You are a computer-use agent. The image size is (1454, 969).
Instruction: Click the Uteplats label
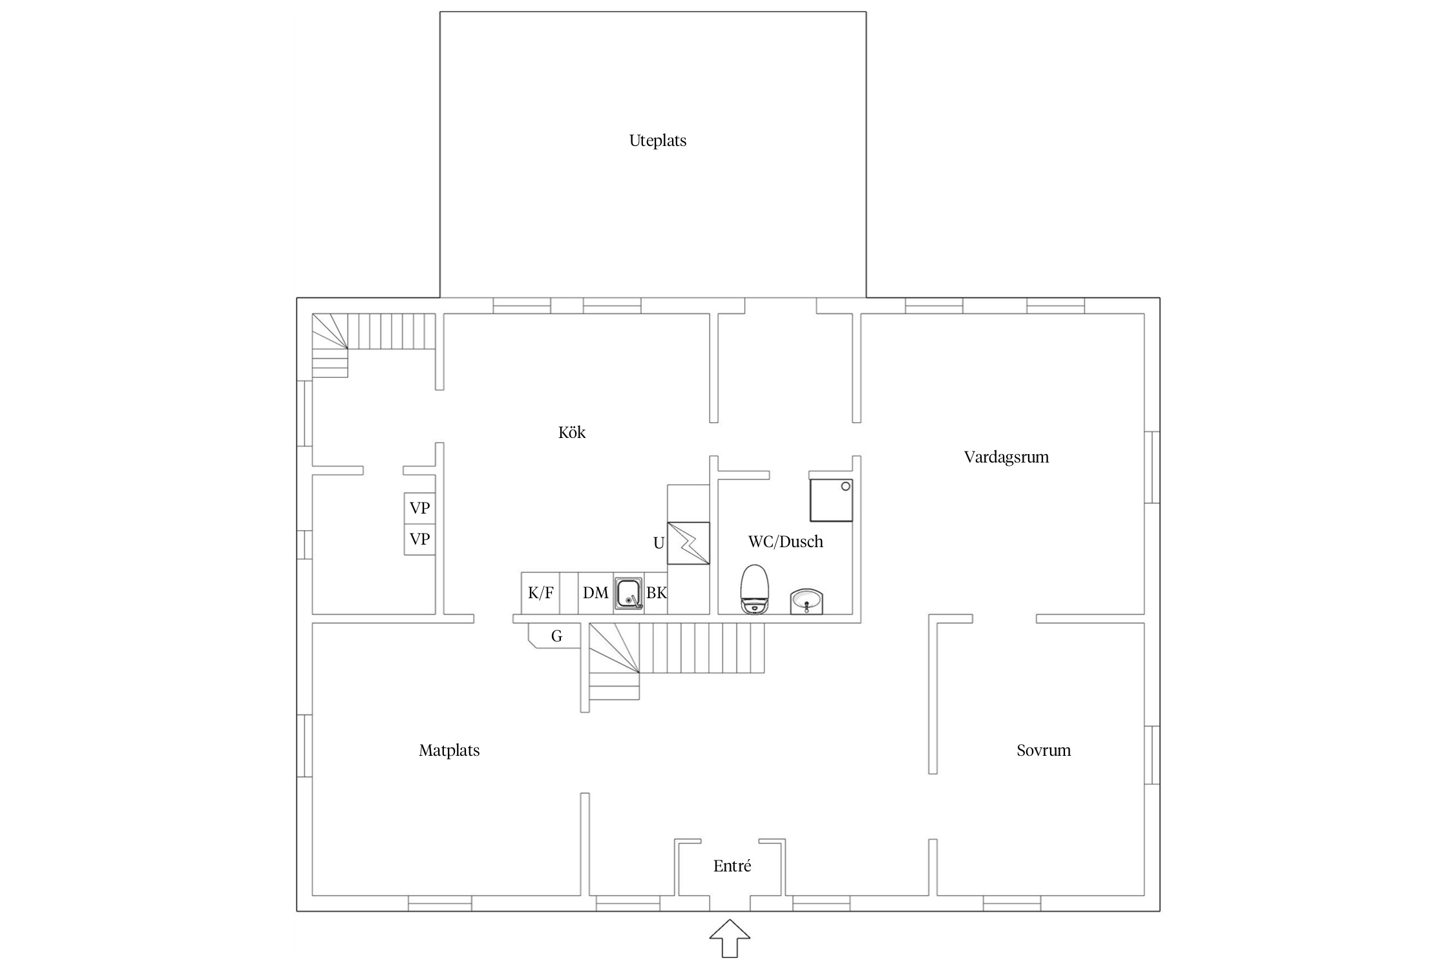click(658, 141)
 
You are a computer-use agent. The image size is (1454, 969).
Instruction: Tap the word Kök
click(572, 432)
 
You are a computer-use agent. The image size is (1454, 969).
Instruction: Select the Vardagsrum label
click(1006, 457)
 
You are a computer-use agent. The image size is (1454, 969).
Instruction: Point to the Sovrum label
click(1044, 750)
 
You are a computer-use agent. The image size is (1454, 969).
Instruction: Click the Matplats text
click(449, 751)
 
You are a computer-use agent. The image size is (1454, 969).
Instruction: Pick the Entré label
click(732, 866)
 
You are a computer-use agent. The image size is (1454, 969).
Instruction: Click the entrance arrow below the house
click(730, 938)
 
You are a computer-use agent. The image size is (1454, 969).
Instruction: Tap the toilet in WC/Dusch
click(755, 589)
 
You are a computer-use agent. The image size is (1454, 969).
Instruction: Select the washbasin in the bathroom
click(806, 601)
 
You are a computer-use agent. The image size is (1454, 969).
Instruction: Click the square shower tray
click(832, 500)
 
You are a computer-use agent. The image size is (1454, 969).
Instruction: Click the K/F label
click(541, 592)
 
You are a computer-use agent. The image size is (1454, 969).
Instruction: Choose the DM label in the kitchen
click(596, 592)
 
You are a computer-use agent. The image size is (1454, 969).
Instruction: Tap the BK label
click(657, 592)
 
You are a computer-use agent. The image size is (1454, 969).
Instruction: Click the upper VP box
click(420, 508)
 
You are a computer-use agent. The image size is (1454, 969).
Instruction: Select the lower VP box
click(420, 539)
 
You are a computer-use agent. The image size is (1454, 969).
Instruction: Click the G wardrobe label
click(556, 636)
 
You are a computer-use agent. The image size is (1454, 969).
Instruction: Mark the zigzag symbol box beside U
click(688, 543)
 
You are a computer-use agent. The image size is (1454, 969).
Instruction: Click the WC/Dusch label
click(786, 541)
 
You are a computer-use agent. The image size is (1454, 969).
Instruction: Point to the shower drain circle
click(845, 487)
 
